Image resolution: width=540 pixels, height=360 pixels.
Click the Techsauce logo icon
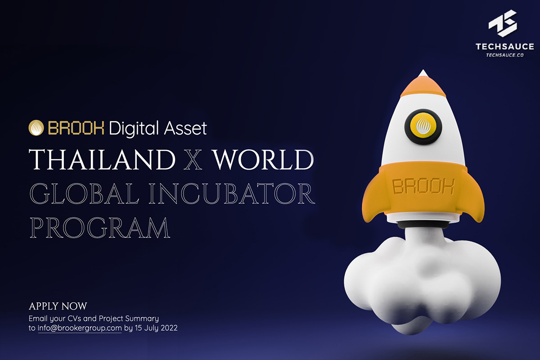[x=504, y=22]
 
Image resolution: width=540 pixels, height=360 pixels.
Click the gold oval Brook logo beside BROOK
[x=36, y=128]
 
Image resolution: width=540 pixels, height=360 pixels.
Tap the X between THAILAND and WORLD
[x=193, y=160]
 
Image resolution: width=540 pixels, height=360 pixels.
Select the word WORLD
[x=262, y=160]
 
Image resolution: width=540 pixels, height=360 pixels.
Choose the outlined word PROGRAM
[x=99, y=228]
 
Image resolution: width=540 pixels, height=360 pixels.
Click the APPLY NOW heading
[x=58, y=306]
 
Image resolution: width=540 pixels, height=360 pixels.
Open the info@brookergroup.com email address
[x=80, y=328]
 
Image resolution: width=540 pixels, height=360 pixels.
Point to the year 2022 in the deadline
[x=169, y=328]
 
